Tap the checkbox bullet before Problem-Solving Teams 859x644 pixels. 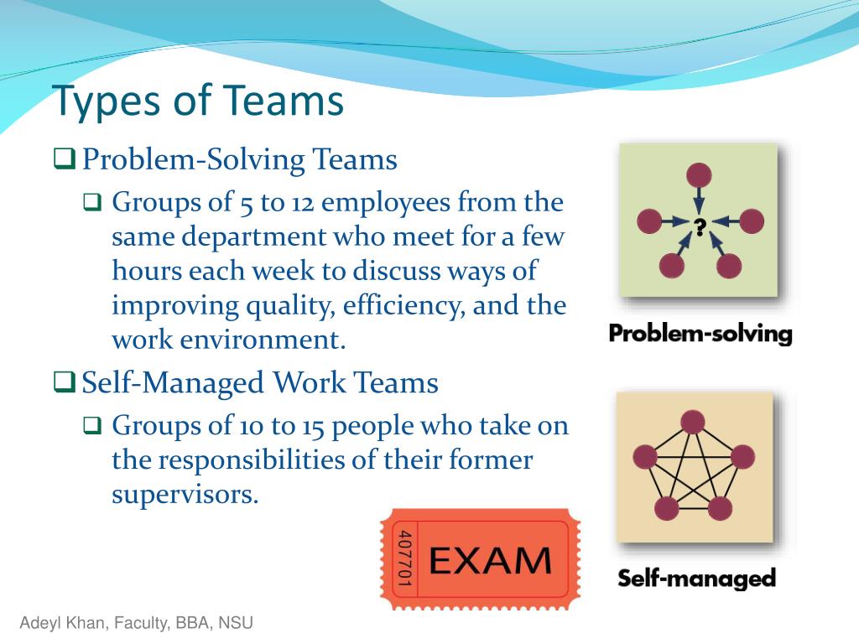coord(64,158)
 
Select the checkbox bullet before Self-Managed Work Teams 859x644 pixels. coord(64,382)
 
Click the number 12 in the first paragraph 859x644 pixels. coord(302,203)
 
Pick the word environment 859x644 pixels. coord(263,340)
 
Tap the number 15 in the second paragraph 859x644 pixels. coord(314,426)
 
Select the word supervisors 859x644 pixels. coord(185,495)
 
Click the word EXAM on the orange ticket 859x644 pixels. coord(490,561)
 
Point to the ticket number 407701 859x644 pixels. coord(404,558)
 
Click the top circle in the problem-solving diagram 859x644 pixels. coord(699,176)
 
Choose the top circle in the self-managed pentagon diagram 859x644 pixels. coord(692,423)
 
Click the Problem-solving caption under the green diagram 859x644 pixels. coord(700,334)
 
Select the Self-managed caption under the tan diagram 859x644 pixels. coord(696,579)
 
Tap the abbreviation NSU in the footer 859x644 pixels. coord(236,623)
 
